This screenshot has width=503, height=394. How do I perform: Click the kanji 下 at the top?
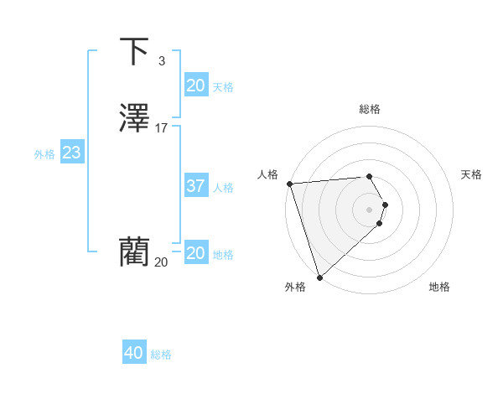coord(135,51)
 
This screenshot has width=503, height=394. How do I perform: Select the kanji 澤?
coord(135,118)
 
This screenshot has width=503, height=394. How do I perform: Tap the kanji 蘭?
coord(135,251)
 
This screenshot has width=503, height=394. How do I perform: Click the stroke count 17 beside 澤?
coord(162,128)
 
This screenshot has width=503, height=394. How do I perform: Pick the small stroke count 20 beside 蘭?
coord(161,262)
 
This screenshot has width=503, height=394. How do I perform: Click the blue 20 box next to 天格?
coord(195,86)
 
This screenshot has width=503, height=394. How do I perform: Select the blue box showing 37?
coord(195,186)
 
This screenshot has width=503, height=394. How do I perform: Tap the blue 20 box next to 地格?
coord(195,253)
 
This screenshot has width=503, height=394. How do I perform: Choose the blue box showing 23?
coord(71,153)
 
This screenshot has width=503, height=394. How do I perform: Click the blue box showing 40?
coord(134,353)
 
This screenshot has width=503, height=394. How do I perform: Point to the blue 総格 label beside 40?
coord(161,355)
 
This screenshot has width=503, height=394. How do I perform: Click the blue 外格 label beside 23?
coord(44,154)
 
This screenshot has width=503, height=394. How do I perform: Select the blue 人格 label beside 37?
coord(223,188)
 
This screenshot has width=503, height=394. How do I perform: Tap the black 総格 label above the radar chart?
coord(369,109)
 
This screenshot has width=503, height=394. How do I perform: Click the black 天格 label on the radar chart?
coord(471,174)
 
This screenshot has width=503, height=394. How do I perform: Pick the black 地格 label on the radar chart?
coord(439,287)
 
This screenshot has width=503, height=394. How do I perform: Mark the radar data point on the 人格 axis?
coord(289,184)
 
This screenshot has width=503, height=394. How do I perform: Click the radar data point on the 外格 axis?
coord(319,277)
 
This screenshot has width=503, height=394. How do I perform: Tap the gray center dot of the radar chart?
coord(370,210)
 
